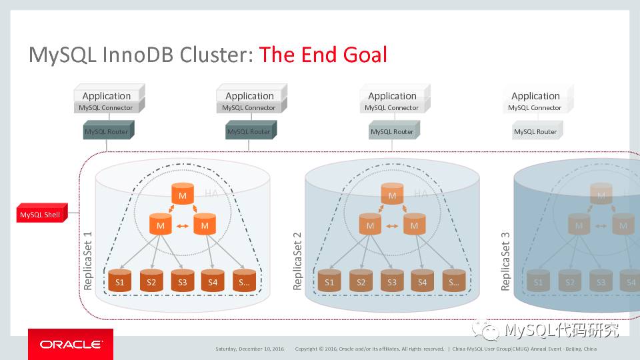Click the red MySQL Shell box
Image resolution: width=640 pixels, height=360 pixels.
[40, 215]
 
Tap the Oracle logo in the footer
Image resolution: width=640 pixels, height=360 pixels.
[70, 345]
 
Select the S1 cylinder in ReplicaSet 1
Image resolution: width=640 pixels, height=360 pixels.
[120, 281]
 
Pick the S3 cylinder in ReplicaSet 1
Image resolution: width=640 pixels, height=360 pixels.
[182, 281]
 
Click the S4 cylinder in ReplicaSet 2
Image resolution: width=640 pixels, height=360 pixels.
[422, 281]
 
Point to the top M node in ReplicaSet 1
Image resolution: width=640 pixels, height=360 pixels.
[182, 194]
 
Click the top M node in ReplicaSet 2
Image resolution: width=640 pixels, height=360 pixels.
[392, 194]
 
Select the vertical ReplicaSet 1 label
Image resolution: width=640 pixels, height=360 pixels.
[88, 261]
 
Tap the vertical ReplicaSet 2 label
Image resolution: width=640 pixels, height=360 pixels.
[297, 261]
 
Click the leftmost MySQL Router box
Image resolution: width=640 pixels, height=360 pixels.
[107, 131]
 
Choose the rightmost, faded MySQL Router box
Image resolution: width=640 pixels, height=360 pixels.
[535, 131]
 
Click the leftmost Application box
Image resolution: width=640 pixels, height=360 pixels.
[107, 96]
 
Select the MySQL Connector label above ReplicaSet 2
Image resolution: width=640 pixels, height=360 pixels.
[392, 108]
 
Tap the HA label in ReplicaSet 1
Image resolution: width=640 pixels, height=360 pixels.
[211, 194]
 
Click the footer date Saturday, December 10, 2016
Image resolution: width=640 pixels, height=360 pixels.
[250, 349]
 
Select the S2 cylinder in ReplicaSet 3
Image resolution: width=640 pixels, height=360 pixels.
[570, 282]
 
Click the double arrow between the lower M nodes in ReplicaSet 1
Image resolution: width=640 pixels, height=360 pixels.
[182, 227]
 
